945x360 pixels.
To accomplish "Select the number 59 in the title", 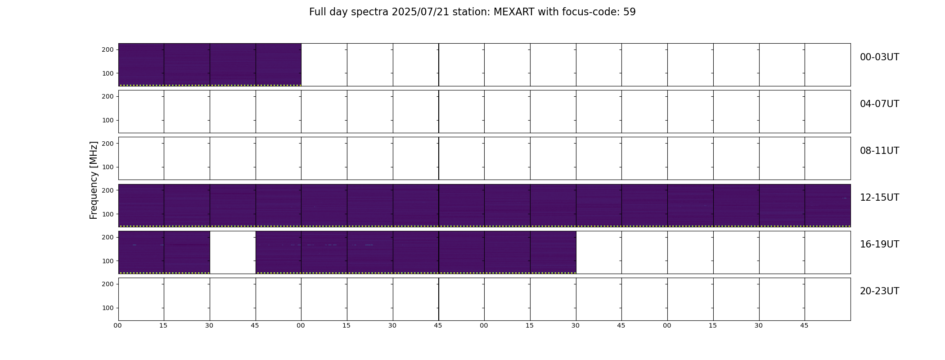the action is (630, 12).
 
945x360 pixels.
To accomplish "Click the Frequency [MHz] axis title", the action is (94, 180).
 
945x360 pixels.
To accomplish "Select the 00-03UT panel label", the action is (879, 57).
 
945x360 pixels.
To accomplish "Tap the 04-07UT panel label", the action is (879, 104).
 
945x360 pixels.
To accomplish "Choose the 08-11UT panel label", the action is (879, 151).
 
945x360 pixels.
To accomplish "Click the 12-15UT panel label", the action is (879, 198).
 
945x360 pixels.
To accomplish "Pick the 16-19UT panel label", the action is (879, 244).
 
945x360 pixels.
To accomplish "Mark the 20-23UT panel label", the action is (879, 291).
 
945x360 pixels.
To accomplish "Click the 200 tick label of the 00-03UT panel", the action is (108, 49).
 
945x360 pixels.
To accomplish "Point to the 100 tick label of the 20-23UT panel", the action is (108, 308).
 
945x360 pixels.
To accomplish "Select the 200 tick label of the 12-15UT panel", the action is (108, 190).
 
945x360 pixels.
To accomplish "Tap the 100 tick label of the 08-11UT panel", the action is (108, 167).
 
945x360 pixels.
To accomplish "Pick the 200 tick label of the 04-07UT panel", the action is (108, 96).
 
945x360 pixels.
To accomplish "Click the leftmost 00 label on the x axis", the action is (118, 325).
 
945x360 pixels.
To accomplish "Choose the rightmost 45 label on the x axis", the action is (804, 325).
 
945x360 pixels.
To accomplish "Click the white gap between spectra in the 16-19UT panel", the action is (233, 252).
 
